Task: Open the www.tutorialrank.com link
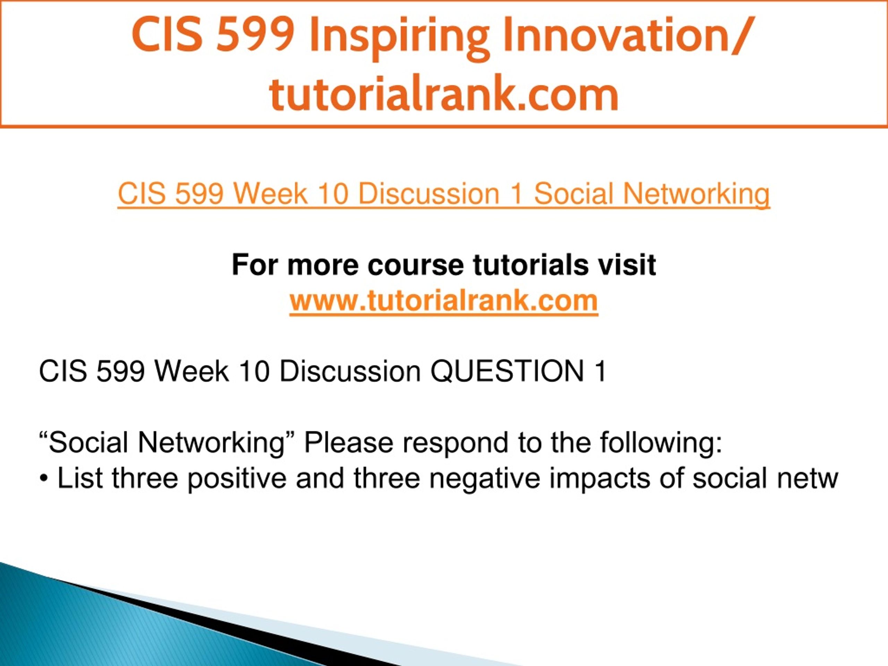(x=444, y=301)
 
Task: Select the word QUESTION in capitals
(x=507, y=371)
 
